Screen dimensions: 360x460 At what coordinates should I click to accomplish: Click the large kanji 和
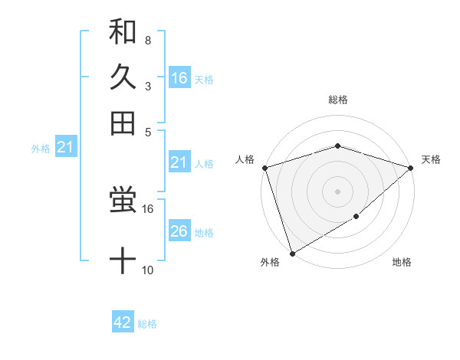point(123,32)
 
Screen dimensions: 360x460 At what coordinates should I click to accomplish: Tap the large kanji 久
point(123,77)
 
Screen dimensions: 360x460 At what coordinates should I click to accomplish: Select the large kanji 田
point(123,123)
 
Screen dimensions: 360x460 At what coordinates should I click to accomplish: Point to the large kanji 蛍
point(123,202)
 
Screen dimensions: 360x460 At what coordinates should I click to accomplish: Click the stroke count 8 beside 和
point(147,40)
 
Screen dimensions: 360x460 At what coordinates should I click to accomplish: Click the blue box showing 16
point(179,78)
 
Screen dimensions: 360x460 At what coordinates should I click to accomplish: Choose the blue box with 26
point(179,231)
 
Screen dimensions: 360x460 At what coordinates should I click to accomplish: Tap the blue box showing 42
point(123,322)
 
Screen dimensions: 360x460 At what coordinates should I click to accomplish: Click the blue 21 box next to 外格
point(64,147)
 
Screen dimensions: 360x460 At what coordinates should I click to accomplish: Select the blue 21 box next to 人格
point(179,162)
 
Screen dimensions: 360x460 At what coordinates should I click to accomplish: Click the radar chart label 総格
point(337,100)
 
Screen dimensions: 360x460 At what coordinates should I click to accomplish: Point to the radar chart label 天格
point(431,159)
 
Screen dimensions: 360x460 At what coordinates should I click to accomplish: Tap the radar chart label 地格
point(402,262)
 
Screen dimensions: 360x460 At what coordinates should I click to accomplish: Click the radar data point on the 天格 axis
point(411,167)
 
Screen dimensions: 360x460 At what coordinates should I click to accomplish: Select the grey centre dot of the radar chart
point(337,191)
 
